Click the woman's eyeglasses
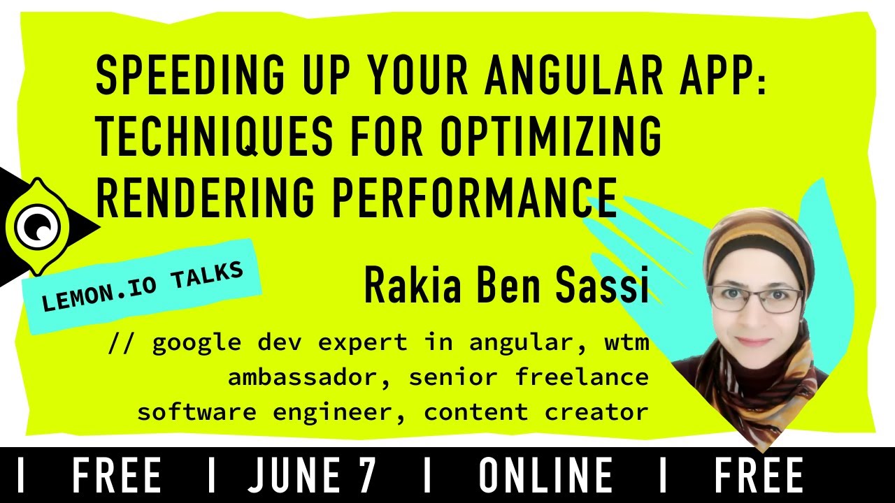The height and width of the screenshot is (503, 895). (755, 300)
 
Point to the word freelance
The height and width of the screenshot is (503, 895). (582, 378)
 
